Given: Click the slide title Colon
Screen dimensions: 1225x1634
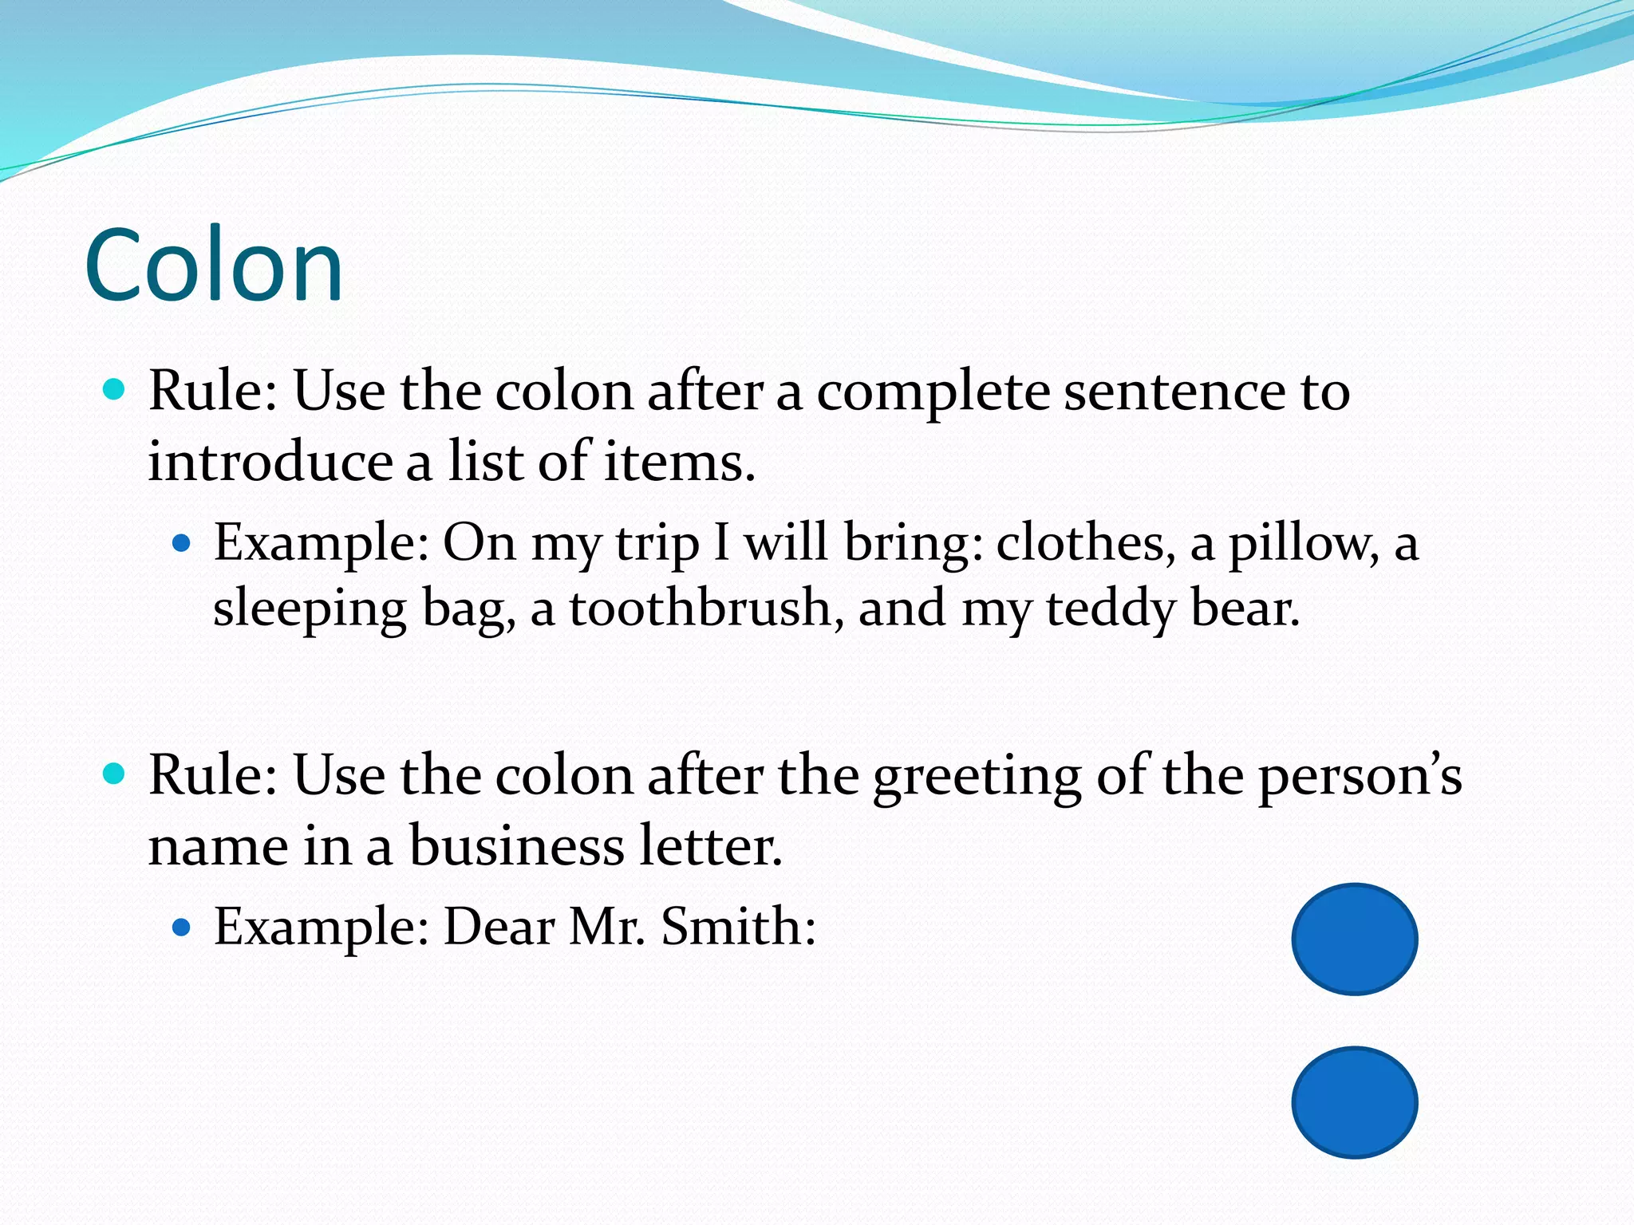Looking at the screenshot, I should tap(214, 266).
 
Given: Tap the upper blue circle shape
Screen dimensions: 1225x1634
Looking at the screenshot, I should tap(1354, 939).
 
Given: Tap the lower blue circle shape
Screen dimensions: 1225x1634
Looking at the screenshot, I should tap(1354, 1102).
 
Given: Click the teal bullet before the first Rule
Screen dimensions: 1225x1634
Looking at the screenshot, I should tap(115, 390).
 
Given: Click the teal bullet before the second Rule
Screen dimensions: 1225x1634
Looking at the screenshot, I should tap(115, 774).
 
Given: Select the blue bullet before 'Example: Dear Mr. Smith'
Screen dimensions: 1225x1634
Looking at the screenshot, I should tap(183, 928).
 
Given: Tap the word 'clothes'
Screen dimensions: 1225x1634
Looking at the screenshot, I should tap(1085, 543).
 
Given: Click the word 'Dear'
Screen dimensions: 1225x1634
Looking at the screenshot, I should tap(499, 927).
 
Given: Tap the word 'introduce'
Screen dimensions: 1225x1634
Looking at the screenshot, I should tap(270, 462).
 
